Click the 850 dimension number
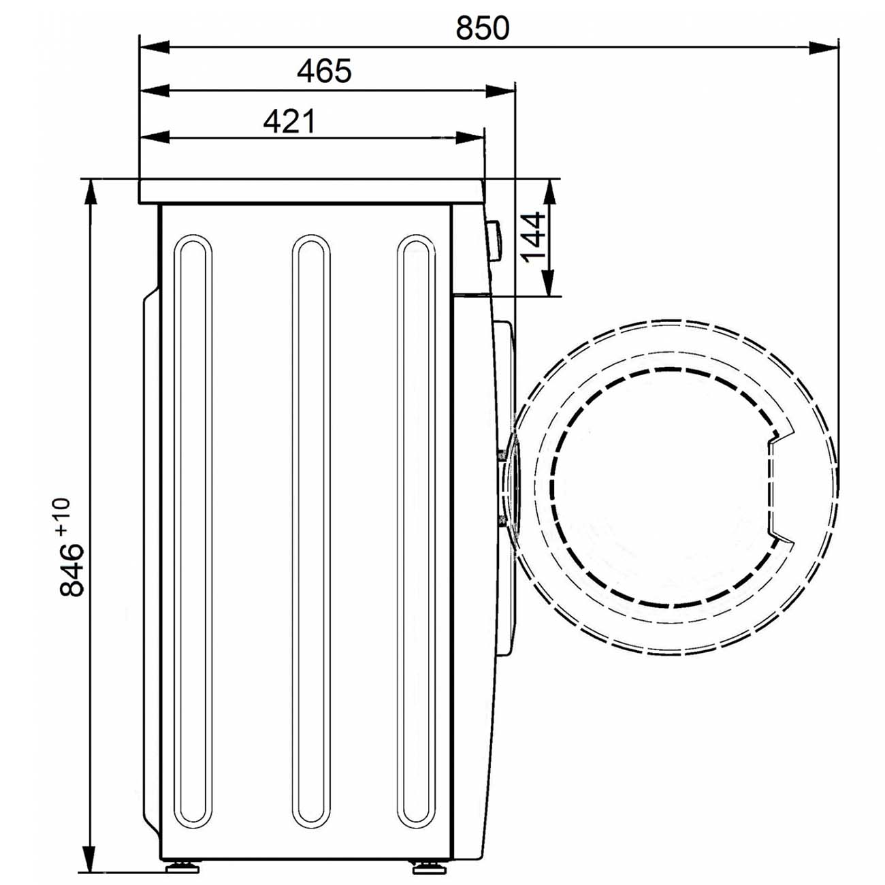(482, 28)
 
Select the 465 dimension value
(324, 71)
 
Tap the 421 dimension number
(289, 120)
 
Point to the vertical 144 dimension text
(533, 238)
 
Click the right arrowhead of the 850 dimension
(824, 47)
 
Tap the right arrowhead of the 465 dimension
(500, 91)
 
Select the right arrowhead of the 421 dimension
(470, 138)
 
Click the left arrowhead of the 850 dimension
(155, 47)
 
